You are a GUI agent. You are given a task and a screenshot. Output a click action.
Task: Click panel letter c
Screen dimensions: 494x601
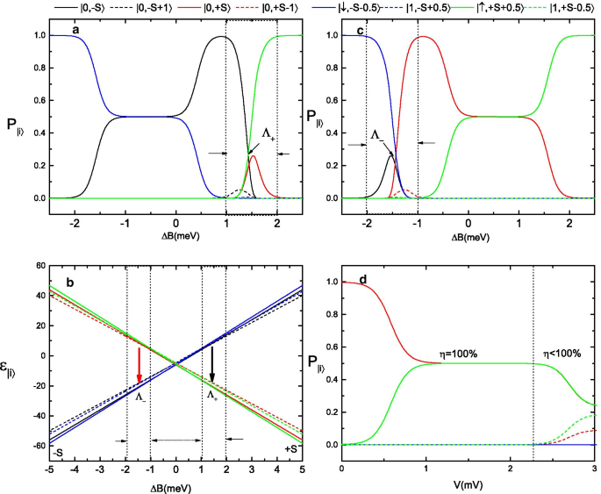tap(361, 33)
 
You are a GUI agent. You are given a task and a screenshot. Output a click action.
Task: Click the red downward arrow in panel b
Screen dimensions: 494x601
tap(139, 363)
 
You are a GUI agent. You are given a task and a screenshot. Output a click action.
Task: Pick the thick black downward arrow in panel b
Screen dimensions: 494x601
tap(212, 363)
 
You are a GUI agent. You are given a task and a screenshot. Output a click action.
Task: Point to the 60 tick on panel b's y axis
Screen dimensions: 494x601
tap(39, 265)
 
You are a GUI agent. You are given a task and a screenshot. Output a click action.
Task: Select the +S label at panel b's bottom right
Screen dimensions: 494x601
tap(292, 450)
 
